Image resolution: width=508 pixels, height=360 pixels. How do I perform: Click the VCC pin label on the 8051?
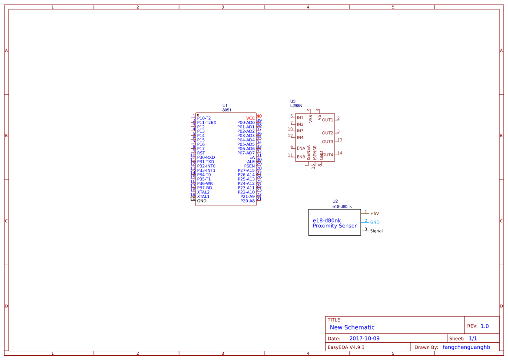pos(250,118)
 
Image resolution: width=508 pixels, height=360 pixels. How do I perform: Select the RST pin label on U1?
pos(201,153)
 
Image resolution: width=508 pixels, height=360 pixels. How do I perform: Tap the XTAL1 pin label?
pos(203,197)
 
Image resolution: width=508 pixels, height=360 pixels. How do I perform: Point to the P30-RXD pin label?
pos(206,157)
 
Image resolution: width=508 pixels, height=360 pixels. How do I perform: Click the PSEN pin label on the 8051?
pos(249,166)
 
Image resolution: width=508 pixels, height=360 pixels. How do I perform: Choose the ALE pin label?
pos(251,162)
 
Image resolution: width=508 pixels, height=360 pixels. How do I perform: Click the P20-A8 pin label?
pos(247,201)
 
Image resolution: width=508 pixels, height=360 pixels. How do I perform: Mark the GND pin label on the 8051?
pos(202,201)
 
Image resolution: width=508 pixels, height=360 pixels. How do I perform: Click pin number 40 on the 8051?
pos(259,116)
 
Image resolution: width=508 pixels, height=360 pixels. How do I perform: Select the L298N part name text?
pos(296,106)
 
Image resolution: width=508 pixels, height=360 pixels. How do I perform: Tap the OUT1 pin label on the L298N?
pos(328,120)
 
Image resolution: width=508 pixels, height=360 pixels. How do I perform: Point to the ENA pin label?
pos(301,148)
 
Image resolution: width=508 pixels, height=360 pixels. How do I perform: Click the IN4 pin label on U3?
pos(300,137)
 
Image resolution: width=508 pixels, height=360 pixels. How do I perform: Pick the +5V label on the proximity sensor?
pos(375,213)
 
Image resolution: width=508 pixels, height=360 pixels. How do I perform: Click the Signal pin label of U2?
pos(376,231)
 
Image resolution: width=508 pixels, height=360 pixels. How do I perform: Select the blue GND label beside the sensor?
pos(375,222)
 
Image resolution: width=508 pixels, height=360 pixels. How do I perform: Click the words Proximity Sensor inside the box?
pos(335,226)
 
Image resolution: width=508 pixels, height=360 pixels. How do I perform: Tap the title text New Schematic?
pos(352,327)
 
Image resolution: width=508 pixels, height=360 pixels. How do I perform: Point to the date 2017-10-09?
pos(364,338)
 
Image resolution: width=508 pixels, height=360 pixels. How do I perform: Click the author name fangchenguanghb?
pos(466,347)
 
